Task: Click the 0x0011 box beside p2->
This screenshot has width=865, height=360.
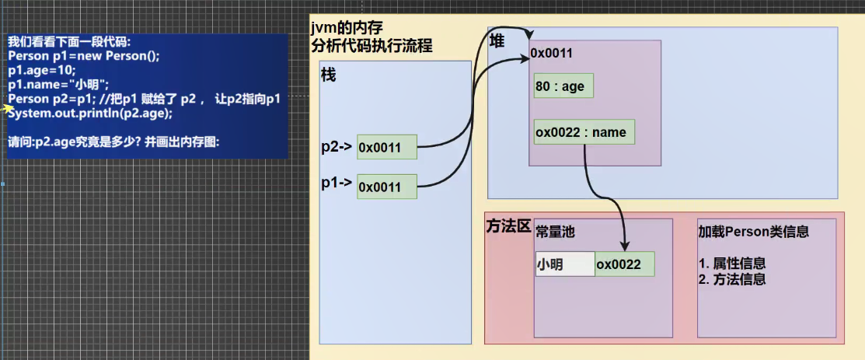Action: (387, 147)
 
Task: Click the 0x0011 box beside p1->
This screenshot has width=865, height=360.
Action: (387, 187)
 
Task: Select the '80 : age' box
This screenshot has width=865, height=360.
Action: (563, 86)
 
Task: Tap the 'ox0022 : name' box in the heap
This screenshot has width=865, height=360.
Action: (584, 132)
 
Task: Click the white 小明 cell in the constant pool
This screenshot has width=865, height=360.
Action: (565, 264)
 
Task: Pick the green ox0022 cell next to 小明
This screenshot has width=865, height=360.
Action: (625, 264)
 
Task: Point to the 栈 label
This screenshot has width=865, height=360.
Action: (329, 75)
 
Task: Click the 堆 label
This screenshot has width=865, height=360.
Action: (497, 41)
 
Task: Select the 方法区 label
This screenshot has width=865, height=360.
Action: (508, 225)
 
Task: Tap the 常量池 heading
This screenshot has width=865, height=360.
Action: (556, 232)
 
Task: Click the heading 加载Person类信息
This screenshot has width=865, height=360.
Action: (754, 232)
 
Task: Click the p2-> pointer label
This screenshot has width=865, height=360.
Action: (337, 147)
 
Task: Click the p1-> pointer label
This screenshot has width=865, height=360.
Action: (337, 183)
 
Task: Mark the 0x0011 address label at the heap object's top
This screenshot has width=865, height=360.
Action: (551, 53)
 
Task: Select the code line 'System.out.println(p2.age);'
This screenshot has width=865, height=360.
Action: (90, 114)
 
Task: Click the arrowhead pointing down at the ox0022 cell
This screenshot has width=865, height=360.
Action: (625, 246)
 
